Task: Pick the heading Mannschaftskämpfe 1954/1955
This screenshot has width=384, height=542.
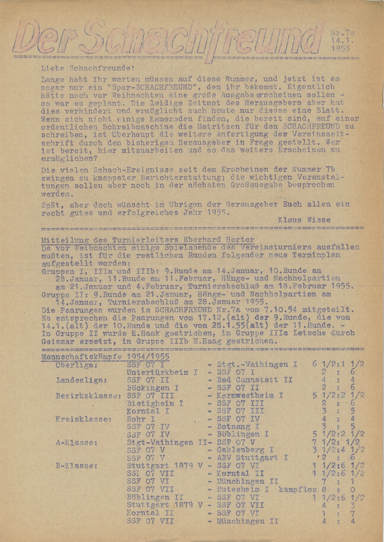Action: point(105,356)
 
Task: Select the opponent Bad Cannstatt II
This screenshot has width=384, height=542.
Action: point(255,380)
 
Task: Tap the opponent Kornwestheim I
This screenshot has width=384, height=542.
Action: point(250,396)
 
